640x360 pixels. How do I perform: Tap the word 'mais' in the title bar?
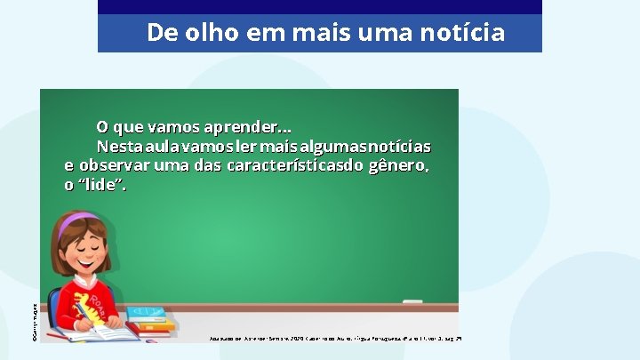click(338, 33)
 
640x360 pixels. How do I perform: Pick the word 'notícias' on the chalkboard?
click(400, 146)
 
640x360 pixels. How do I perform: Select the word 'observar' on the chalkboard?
click(114, 165)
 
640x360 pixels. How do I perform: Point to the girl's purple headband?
click(79, 218)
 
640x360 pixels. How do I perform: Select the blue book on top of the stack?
click(145, 313)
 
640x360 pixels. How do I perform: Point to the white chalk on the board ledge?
click(412, 301)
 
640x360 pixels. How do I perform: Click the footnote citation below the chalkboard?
click(337, 339)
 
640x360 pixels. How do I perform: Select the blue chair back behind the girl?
click(54, 307)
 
